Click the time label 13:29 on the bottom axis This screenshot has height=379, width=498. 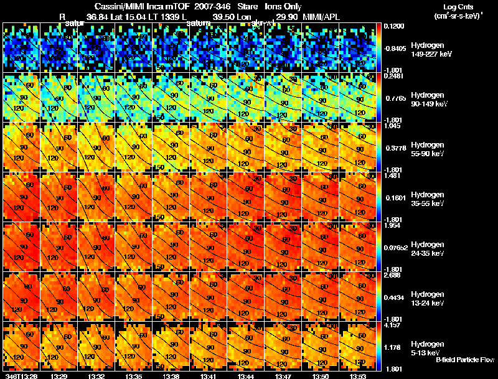coord(59,376)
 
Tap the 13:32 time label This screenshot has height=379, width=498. coord(96,376)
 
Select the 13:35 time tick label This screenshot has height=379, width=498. coord(133,376)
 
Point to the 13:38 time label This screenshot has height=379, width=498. coord(171,376)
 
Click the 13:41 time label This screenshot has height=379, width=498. coord(208,376)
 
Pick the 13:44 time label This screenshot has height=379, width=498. coord(245,376)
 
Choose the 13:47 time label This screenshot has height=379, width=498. coord(283,376)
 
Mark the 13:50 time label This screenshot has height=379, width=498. coord(320,376)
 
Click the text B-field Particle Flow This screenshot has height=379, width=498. coord(464,360)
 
